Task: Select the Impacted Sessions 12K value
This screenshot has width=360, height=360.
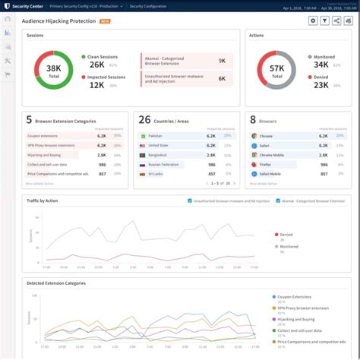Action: [x=97, y=84]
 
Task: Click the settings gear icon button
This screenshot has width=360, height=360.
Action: [x=313, y=21]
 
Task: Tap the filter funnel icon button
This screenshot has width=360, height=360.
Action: [x=325, y=21]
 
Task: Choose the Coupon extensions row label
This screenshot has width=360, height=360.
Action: [x=42, y=136]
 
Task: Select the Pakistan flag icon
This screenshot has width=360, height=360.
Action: [x=142, y=136]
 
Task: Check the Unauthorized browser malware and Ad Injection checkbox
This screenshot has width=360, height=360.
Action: [x=190, y=201]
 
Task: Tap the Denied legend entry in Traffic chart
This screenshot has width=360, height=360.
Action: [x=286, y=235]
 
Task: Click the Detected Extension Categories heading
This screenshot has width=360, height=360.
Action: [x=56, y=283]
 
